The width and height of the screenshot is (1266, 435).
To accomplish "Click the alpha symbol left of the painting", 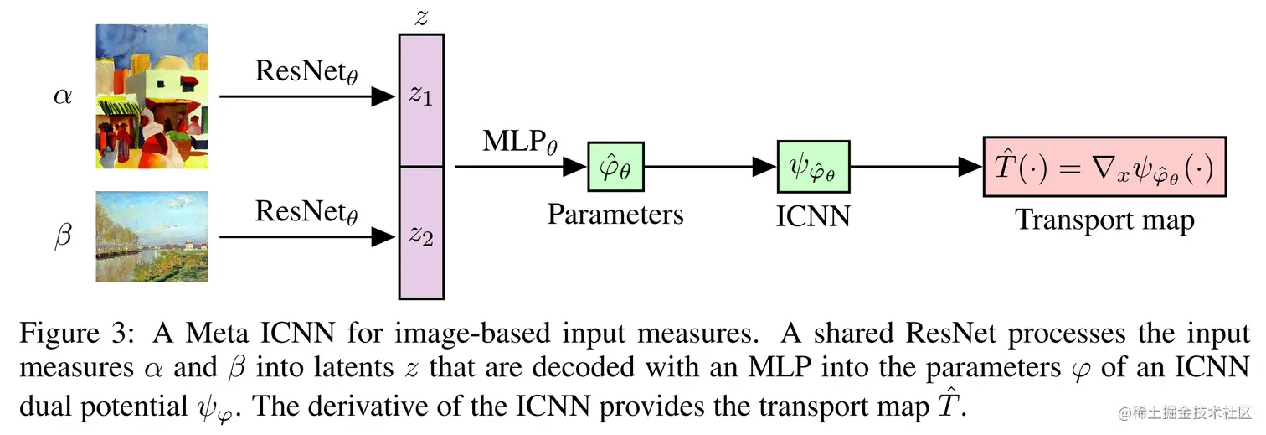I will pos(63,96).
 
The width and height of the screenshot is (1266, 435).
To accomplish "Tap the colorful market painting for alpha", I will pos(151,96).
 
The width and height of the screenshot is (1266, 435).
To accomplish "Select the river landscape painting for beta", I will pos(151,236).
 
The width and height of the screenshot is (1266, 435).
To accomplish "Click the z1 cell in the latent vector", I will pos(421,99).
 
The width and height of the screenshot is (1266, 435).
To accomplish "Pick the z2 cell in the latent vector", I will pos(421,235).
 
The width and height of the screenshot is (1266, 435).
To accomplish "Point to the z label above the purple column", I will pos(421,18).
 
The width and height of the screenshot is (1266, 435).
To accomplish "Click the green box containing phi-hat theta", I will pos(615,168).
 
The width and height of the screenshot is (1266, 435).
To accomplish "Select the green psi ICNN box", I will pos(813,168).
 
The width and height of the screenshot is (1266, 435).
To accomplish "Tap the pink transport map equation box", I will pos(1104,168).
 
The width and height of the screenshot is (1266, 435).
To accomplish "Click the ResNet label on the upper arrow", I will pos(306,73).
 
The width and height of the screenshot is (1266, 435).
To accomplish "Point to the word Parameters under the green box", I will pos(615,215).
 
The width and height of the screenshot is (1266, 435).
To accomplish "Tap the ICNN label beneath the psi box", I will pos(813,216).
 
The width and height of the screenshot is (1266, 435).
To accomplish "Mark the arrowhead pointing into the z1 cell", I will pos(384,97).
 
